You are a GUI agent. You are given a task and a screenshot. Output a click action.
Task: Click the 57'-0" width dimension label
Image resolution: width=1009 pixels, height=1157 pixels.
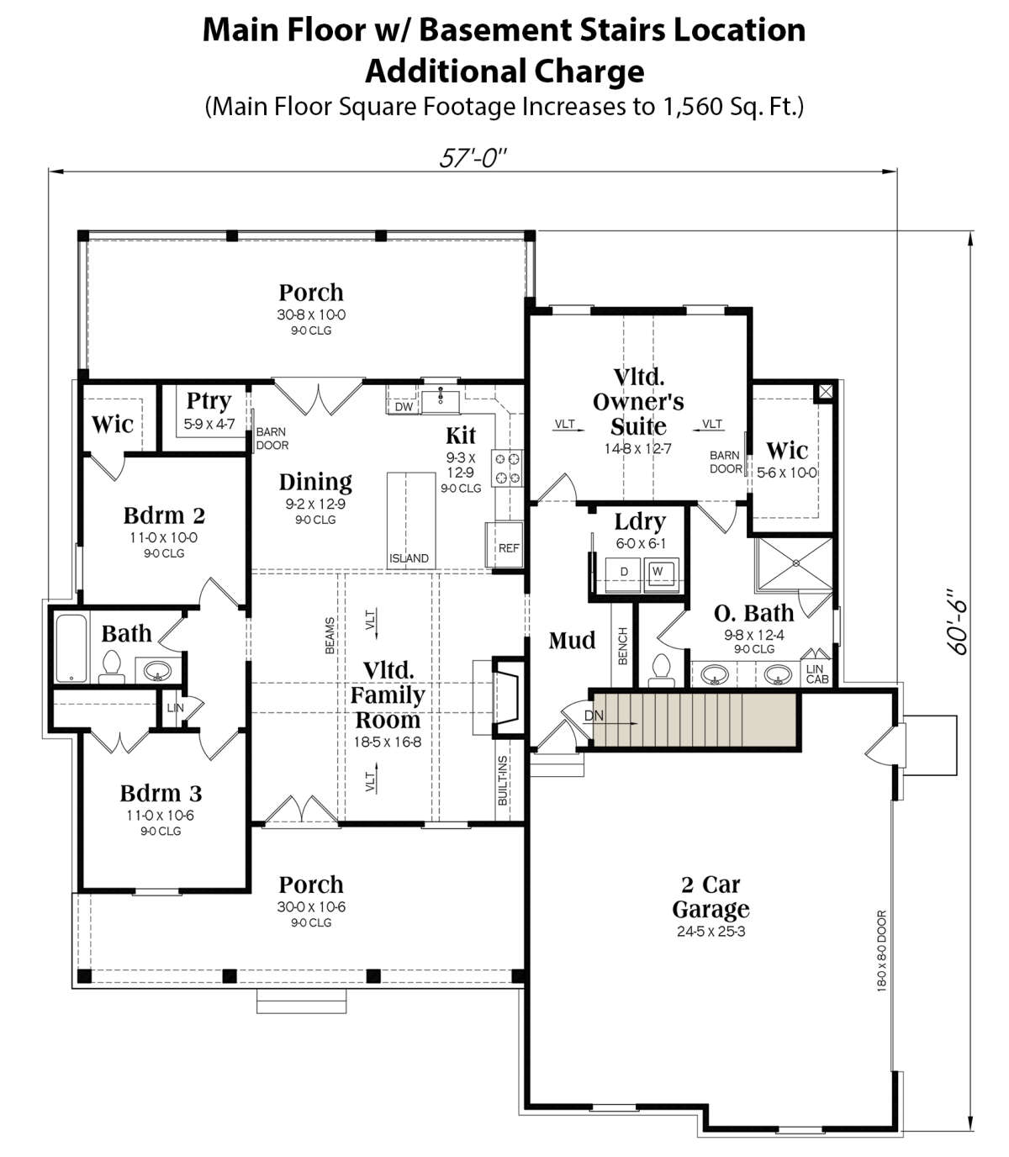click(473, 158)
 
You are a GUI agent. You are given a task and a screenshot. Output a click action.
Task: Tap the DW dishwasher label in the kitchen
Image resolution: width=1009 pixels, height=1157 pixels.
click(404, 407)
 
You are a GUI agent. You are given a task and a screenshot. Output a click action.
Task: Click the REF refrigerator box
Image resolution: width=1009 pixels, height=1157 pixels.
click(504, 545)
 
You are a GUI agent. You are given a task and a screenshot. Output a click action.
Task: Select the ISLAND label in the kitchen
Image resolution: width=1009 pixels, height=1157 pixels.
click(409, 558)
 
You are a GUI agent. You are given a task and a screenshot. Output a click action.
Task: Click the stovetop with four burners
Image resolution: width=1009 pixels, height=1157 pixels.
click(507, 468)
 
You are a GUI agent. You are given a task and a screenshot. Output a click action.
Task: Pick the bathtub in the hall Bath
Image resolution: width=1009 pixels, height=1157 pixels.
click(71, 648)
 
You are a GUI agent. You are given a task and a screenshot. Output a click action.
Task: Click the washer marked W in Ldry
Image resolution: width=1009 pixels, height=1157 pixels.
click(662, 575)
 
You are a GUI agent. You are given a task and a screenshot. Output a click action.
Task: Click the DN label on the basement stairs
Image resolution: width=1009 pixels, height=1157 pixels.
click(594, 716)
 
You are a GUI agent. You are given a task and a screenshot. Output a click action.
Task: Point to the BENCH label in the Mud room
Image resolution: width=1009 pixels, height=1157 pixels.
click(622, 646)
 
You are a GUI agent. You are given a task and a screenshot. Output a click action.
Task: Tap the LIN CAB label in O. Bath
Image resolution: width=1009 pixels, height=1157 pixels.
click(816, 674)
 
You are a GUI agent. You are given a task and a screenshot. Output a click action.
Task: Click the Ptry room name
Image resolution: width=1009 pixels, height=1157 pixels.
click(209, 401)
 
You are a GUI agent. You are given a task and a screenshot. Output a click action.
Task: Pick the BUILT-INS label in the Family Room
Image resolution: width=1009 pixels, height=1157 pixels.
click(503, 781)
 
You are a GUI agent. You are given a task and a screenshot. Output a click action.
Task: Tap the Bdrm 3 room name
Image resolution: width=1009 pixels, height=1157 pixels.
click(161, 794)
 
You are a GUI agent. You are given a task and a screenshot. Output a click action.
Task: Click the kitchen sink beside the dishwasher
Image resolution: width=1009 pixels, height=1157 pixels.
click(441, 400)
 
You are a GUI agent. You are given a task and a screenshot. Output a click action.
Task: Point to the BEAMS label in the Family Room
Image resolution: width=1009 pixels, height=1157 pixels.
click(330, 635)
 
